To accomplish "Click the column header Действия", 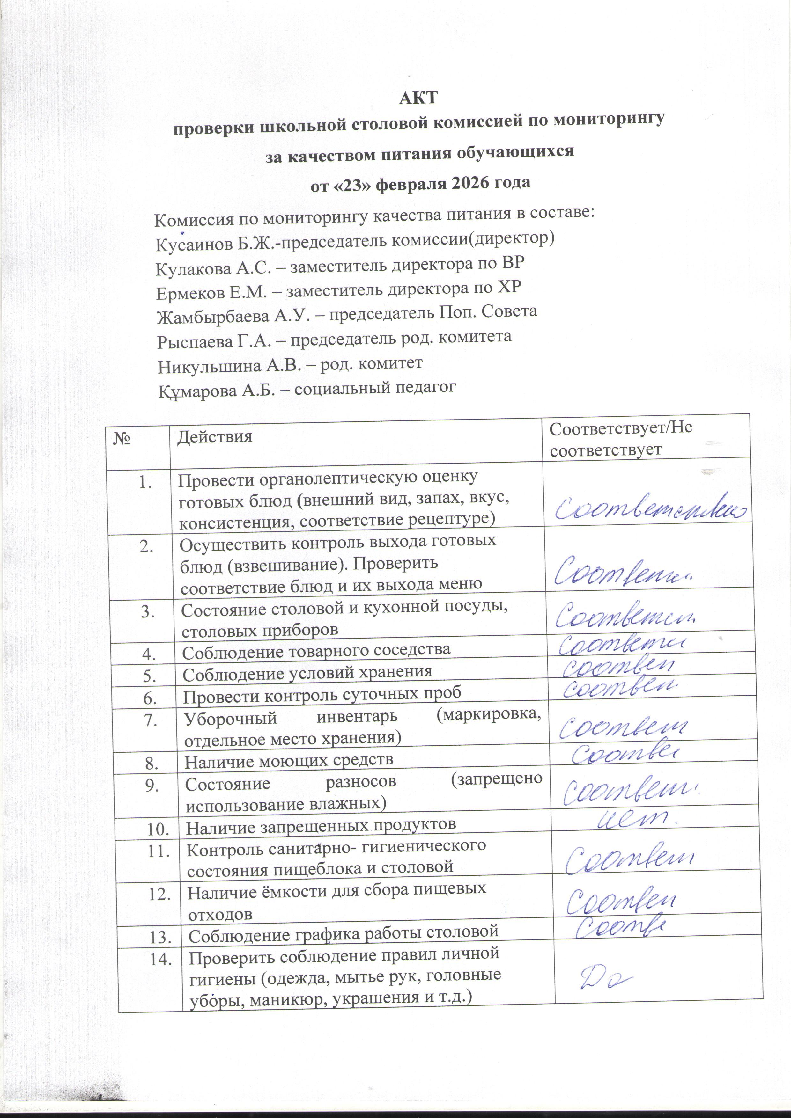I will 214,436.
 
